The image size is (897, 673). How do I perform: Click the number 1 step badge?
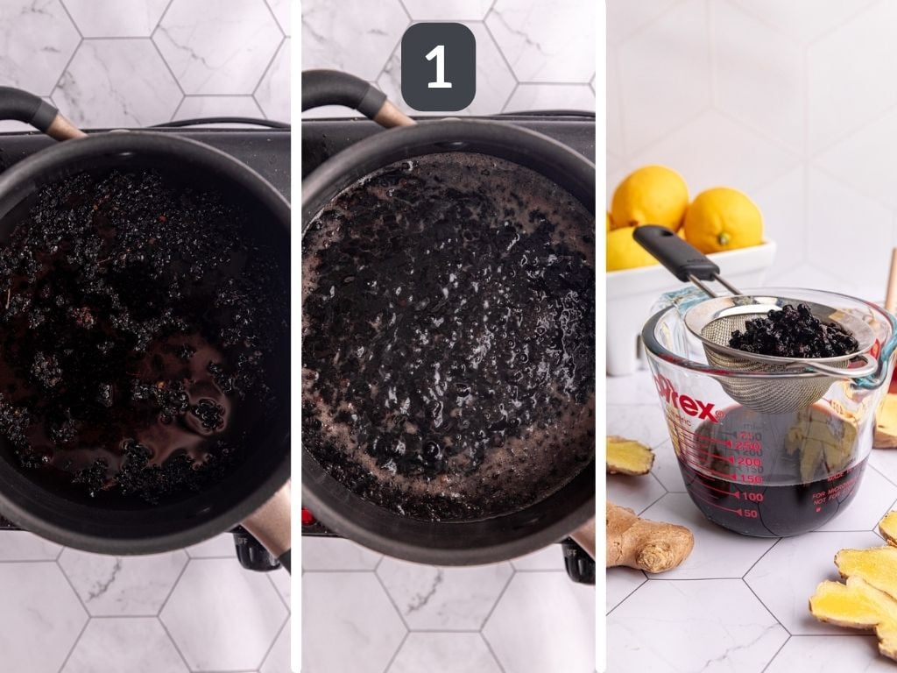click(x=438, y=67)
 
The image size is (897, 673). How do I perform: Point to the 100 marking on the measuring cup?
click(x=748, y=497)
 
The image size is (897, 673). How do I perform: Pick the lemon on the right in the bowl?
click(x=723, y=220)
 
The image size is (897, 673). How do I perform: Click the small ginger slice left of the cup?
click(x=628, y=457)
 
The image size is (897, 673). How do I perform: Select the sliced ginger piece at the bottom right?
click(x=854, y=605)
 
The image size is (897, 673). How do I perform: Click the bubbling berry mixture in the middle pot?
click(x=447, y=333)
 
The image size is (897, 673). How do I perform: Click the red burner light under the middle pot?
click(x=307, y=516)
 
